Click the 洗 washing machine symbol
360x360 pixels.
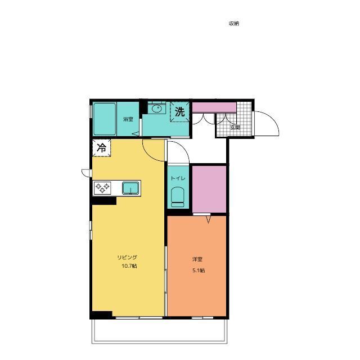pyautogui.click(x=180, y=112)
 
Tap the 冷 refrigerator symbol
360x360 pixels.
pyautogui.click(x=101, y=148)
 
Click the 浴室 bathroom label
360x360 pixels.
pyautogui.click(x=128, y=119)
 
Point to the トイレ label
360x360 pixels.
pyautogui.click(x=178, y=178)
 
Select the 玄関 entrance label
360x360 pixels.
pyautogui.click(x=235, y=128)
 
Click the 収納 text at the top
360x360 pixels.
pyautogui.click(x=234, y=24)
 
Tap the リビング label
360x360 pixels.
pyautogui.click(x=127, y=258)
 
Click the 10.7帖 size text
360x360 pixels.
pyautogui.click(x=129, y=266)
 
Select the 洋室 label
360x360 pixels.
pyautogui.click(x=197, y=259)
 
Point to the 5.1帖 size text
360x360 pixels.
pyautogui.click(x=199, y=271)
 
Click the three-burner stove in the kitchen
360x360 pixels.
pyautogui.click(x=102, y=188)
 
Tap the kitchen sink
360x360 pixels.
pyautogui.click(x=130, y=188)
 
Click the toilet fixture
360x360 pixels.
pyautogui.click(x=178, y=197)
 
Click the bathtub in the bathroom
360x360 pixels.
pyautogui.click(x=105, y=119)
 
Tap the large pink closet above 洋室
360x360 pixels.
pyautogui.click(x=209, y=189)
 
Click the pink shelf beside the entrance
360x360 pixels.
pyautogui.click(x=214, y=107)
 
